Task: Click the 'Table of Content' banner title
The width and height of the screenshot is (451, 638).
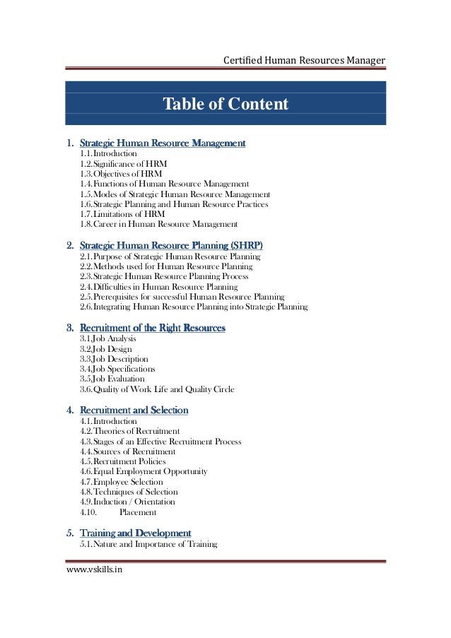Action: (x=225, y=105)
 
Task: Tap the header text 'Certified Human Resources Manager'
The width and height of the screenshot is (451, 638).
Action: (x=304, y=61)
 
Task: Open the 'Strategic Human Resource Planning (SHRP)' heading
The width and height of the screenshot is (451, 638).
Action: (x=171, y=246)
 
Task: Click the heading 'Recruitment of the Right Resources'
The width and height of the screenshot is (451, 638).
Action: (x=153, y=328)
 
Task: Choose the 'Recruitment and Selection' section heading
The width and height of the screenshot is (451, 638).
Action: (x=134, y=410)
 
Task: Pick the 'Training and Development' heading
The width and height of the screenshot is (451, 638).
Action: (x=135, y=532)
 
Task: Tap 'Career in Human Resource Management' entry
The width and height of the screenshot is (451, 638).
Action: (x=158, y=225)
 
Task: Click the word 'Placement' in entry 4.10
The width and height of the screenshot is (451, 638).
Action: (x=138, y=512)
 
